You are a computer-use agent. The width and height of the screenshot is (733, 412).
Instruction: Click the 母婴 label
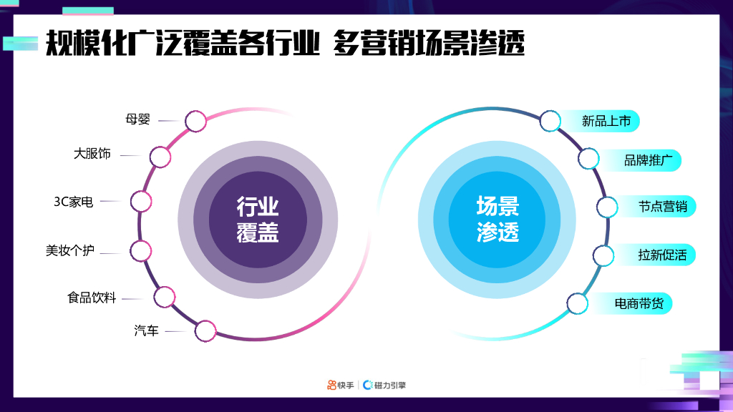tap(138, 119)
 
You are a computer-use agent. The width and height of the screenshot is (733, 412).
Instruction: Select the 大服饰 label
tap(92, 154)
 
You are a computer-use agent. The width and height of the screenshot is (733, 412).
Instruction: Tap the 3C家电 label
tap(74, 202)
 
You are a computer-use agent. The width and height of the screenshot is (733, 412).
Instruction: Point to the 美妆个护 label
tap(69, 250)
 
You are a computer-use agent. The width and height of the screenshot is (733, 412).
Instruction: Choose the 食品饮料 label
tap(92, 297)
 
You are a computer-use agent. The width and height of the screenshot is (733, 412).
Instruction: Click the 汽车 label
tap(146, 330)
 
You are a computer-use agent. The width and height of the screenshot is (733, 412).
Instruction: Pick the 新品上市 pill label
tap(606, 122)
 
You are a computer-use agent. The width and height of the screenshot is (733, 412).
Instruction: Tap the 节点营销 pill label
tap(662, 207)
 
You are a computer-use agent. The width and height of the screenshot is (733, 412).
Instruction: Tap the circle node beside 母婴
tap(195, 121)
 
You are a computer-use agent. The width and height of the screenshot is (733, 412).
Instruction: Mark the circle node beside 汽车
tap(205, 330)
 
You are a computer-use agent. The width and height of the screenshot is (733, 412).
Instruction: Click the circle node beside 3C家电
tap(141, 202)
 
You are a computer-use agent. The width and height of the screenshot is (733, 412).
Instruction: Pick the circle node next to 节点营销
tap(607, 207)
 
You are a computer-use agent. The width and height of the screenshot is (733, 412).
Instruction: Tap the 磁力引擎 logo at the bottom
tap(384, 386)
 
